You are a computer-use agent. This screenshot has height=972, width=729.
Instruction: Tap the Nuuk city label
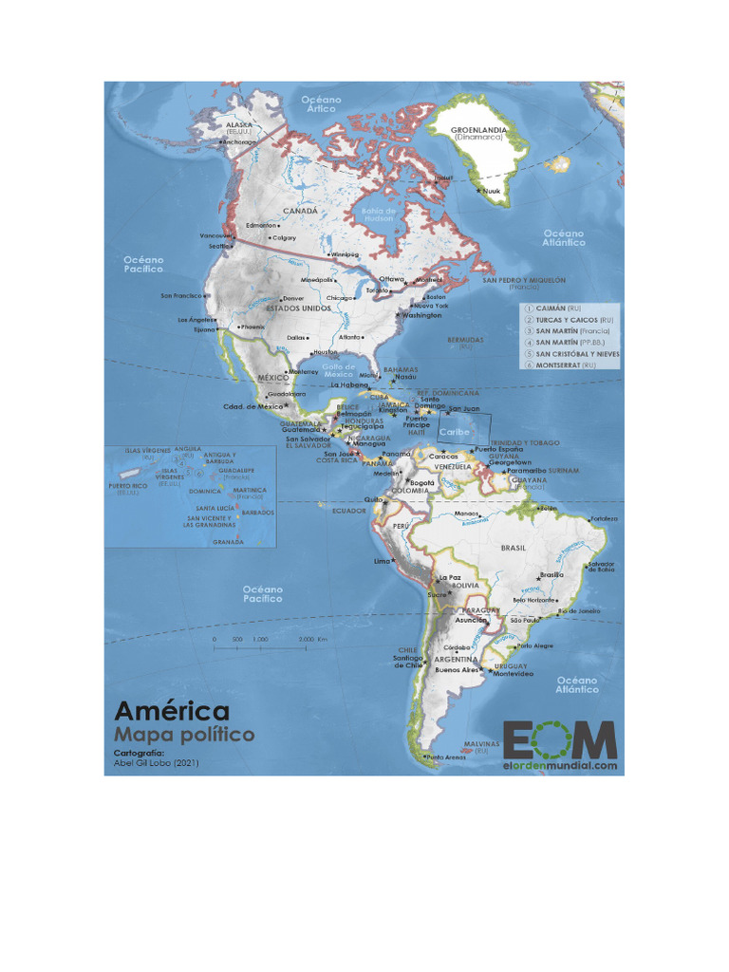492,191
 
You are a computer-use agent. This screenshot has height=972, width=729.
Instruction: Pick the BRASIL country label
513,548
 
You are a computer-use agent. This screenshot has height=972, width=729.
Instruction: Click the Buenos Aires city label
456,669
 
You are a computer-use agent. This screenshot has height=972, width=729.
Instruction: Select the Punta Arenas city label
449,757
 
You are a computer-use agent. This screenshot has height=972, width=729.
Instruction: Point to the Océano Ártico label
321,104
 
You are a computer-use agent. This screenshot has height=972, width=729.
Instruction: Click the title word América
172,711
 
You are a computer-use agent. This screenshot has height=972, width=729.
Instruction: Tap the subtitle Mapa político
184,735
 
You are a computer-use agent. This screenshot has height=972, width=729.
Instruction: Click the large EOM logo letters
560,738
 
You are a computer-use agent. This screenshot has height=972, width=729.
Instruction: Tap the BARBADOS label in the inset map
258,513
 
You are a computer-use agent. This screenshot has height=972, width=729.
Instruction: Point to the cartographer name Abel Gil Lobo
157,762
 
